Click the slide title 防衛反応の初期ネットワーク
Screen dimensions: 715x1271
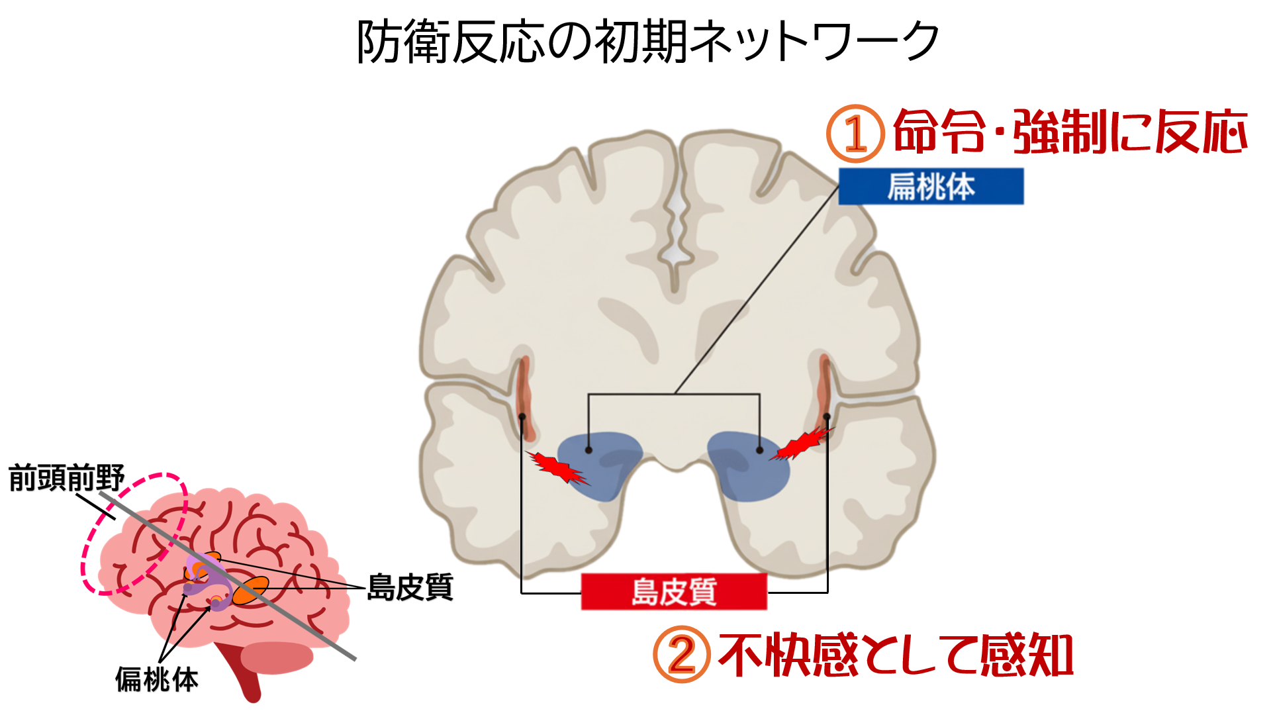pyautogui.click(x=647, y=41)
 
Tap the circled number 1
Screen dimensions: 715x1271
pyautogui.click(x=855, y=134)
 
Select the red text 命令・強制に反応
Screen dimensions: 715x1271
pyautogui.click(x=1070, y=132)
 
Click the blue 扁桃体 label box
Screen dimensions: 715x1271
pyautogui.click(x=931, y=186)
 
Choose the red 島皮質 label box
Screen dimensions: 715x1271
pyautogui.click(x=674, y=591)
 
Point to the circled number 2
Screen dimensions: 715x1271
pyautogui.click(x=681, y=655)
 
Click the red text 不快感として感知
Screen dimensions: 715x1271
pyautogui.click(x=895, y=655)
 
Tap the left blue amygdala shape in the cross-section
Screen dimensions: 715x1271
pyautogui.click(x=599, y=463)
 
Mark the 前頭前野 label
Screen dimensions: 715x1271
pyautogui.click(x=66, y=478)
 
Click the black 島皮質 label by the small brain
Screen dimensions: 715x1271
pyautogui.click(x=410, y=587)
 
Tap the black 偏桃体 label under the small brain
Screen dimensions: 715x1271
pyautogui.click(x=157, y=679)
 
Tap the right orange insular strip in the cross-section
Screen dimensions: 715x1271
pyautogui.click(x=824, y=391)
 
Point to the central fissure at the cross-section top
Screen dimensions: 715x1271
pyautogui.click(x=677, y=218)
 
